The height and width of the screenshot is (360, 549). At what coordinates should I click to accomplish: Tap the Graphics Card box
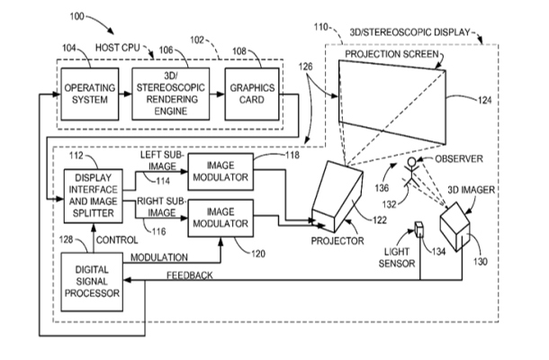(247, 93)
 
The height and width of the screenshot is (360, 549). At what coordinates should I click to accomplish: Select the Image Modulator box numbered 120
(220, 217)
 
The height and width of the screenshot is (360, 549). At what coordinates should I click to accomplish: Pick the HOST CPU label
(114, 45)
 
